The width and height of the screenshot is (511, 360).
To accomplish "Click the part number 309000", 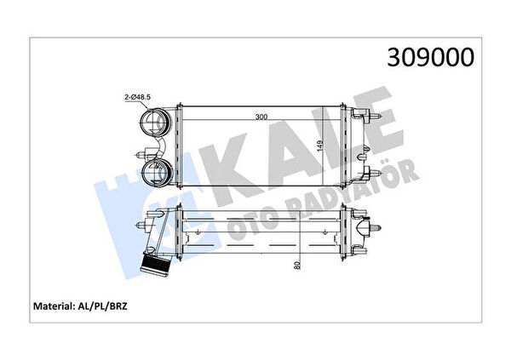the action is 430,57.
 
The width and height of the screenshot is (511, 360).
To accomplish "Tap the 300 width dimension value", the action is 261,117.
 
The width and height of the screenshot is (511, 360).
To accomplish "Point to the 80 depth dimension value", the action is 297,266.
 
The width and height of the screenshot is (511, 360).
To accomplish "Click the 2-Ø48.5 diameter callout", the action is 137,97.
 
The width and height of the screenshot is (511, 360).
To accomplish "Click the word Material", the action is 53,306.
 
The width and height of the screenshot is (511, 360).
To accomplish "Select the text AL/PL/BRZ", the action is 101,306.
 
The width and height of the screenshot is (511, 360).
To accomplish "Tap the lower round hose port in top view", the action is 156,173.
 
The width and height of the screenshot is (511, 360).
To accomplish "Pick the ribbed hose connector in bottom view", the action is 155,266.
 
